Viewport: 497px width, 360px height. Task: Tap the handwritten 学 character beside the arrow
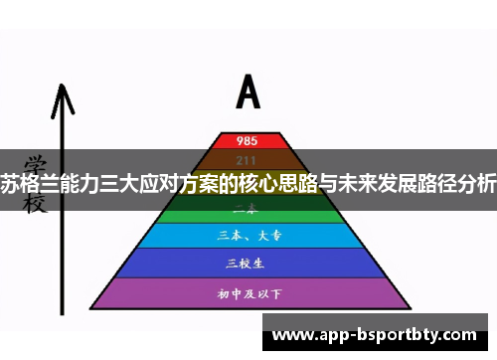(x=35, y=162)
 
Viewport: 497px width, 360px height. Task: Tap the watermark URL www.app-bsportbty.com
(x=378, y=334)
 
